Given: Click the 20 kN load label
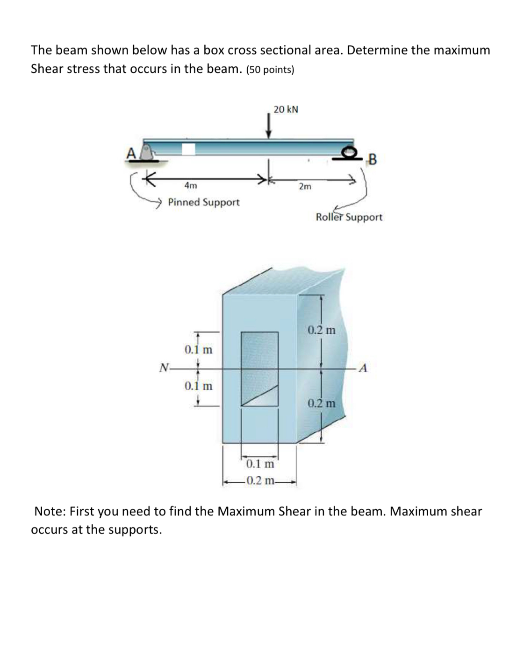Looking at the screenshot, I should [286, 109].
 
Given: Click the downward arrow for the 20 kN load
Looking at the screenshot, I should [268, 127].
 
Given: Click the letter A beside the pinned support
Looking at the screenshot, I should [131, 152].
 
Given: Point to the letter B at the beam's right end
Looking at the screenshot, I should [372, 160].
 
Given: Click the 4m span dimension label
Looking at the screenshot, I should [191, 185].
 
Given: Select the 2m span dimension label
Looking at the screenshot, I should [305, 187].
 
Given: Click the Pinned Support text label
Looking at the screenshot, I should [203, 202].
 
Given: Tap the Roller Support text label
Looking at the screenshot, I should [349, 217].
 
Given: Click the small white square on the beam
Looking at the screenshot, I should [188, 149].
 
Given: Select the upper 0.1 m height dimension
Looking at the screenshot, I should [198, 349].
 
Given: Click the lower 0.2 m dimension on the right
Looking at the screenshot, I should [322, 403].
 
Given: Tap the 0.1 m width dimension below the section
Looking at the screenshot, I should [260, 464].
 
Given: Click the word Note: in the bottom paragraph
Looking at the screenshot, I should [50, 512].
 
